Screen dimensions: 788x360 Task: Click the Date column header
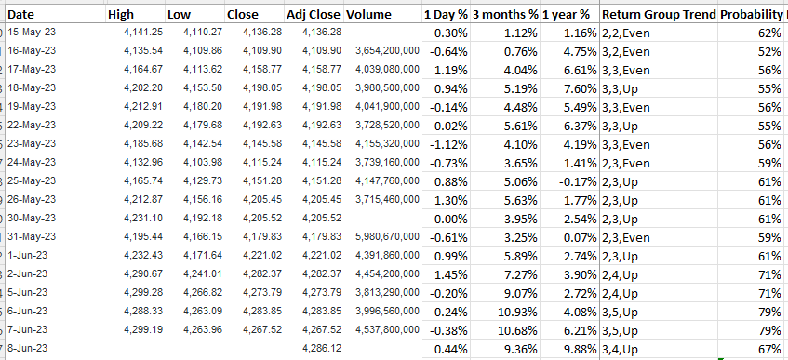point(21,15)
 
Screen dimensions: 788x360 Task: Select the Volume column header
point(368,15)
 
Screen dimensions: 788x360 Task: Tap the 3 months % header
point(505,15)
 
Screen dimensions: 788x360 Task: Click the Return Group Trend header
point(659,15)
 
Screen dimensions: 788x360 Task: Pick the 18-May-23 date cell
point(31,88)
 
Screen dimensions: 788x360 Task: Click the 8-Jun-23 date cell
point(28,349)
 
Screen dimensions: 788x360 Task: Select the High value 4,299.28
point(143,293)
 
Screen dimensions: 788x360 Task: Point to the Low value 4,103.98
point(203,163)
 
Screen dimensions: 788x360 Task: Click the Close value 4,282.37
point(262,274)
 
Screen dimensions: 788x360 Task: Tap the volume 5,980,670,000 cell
point(387,237)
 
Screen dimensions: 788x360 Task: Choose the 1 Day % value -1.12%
point(448,145)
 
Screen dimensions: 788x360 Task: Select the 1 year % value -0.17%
point(578,181)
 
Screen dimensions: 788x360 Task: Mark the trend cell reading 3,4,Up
point(620,349)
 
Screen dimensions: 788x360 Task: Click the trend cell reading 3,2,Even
point(626,52)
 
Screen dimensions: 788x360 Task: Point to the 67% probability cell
point(770,349)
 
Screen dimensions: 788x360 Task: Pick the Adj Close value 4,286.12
point(322,349)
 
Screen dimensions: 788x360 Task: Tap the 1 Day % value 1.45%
point(452,274)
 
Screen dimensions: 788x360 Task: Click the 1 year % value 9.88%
point(581,349)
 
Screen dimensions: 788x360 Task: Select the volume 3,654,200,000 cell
point(387,51)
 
